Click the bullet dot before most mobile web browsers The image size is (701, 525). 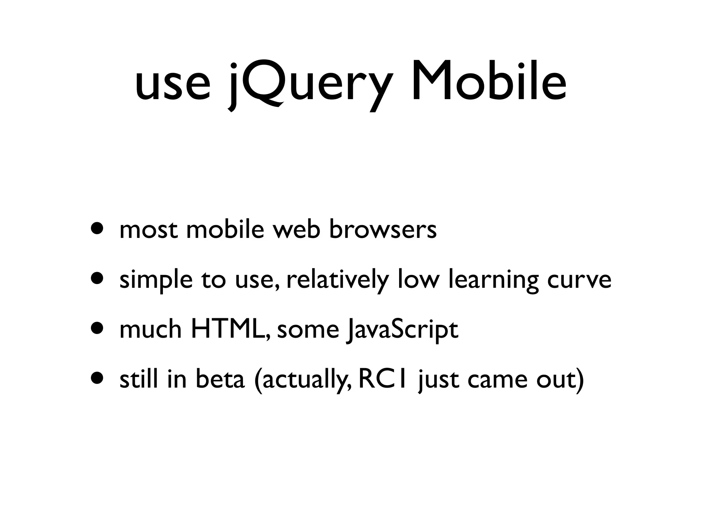pyautogui.click(x=97, y=228)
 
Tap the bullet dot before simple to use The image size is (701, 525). pyautogui.click(x=97, y=279)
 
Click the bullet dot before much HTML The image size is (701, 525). pyautogui.click(x=97, y=329)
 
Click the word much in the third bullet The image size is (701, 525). pyautogui.click(x=150, y=329)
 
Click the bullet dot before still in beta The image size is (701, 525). pyautogui.click(x=97, y=379)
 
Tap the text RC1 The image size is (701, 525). pyautogui.click(x=382, y=379)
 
